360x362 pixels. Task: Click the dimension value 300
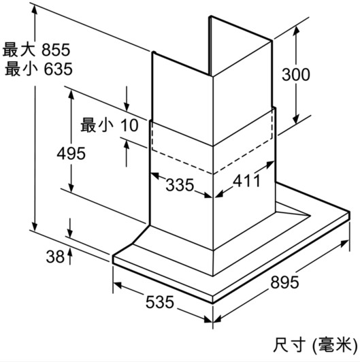tap(296, 75)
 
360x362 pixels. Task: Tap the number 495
tap(71, 154)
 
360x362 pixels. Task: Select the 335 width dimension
tap(180, 185)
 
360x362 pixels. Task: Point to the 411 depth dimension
tap(246, 180)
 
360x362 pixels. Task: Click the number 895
tap(284, 282)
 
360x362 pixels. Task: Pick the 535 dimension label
tap(159, 301)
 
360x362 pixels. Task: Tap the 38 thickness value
tap(55, 257)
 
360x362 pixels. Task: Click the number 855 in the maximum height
tap(56, 50)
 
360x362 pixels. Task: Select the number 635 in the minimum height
tap(58, 69)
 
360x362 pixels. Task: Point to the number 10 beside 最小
tap(129, 125)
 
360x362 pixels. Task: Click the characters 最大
tap(19, 50)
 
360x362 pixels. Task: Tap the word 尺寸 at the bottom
tap(289, 345)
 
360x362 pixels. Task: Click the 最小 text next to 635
tap(21, 69)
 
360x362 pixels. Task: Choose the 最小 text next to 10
tap(97, 125)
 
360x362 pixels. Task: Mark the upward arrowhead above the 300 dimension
tap(296, 31)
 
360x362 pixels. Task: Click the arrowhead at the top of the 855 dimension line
tap(35, 10)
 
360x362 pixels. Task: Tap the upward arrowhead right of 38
tap(70, 254)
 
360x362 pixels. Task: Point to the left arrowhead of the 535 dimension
tap(118, 285)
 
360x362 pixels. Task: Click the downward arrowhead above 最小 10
tap(127, 107)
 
